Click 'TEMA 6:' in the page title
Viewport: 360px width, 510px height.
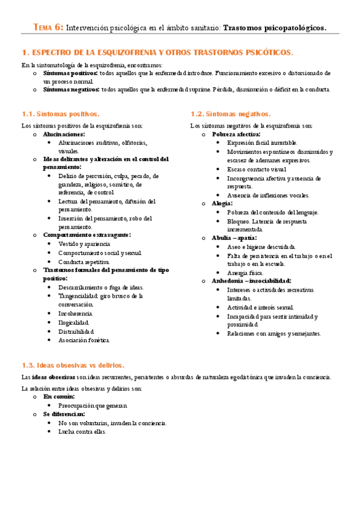pyautogui.click(x=47, y=28)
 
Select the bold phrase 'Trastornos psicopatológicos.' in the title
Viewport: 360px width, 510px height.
pyautogui.click(x=275, y=28)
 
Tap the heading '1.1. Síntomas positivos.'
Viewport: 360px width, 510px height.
pyautogui.click(x=60, y=114)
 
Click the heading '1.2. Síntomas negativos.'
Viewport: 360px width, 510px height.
pyautogui.click(x=231, y=114)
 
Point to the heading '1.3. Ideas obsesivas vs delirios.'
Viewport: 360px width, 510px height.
pyautogui.click(x=72, y=365)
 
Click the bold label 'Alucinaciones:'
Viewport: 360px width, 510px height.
pyautogui.click(x=64, y=134)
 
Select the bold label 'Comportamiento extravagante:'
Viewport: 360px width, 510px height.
pyautogui.click(x=87, y=235)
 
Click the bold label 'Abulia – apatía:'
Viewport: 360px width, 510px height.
pyautogui.click(x=234, y=238)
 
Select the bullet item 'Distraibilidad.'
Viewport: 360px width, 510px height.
pyautogui.click(x=76, y=331)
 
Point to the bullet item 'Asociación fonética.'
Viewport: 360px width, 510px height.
pyautogui.click(x=84, y=340)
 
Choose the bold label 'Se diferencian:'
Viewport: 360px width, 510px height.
pyautogui.click(x=64, y=414)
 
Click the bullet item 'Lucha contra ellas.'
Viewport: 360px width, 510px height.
pyautogui.click(x=82, y=431)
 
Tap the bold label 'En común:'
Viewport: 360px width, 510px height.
pyautogui.click(x=58, y=397)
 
